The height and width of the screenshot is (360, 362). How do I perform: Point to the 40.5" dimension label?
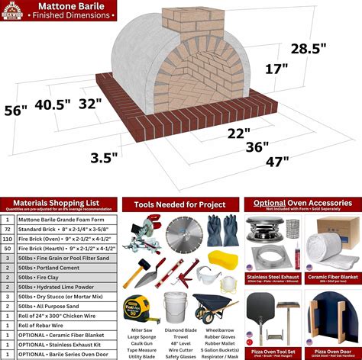click(x=53, y=104)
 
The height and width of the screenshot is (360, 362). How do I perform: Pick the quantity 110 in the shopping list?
click(x=8, y=239)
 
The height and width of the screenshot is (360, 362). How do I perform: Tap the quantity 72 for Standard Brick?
click(x=8, y=228)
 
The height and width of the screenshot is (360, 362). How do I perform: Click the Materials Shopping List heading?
click(x=61, y=204)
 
